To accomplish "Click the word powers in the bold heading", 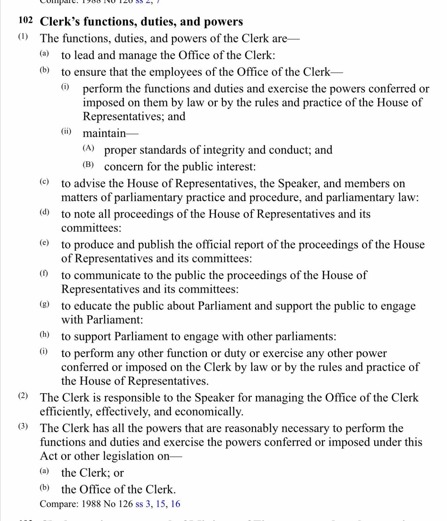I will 223,22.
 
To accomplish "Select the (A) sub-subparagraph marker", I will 88,148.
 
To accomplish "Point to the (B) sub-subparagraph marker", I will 88,165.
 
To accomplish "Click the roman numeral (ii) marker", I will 66,131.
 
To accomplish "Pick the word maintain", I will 104,133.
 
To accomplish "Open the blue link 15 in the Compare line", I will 161,504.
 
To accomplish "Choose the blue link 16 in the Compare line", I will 175,504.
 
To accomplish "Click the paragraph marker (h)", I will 44,335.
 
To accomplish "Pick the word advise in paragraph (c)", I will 90,183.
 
